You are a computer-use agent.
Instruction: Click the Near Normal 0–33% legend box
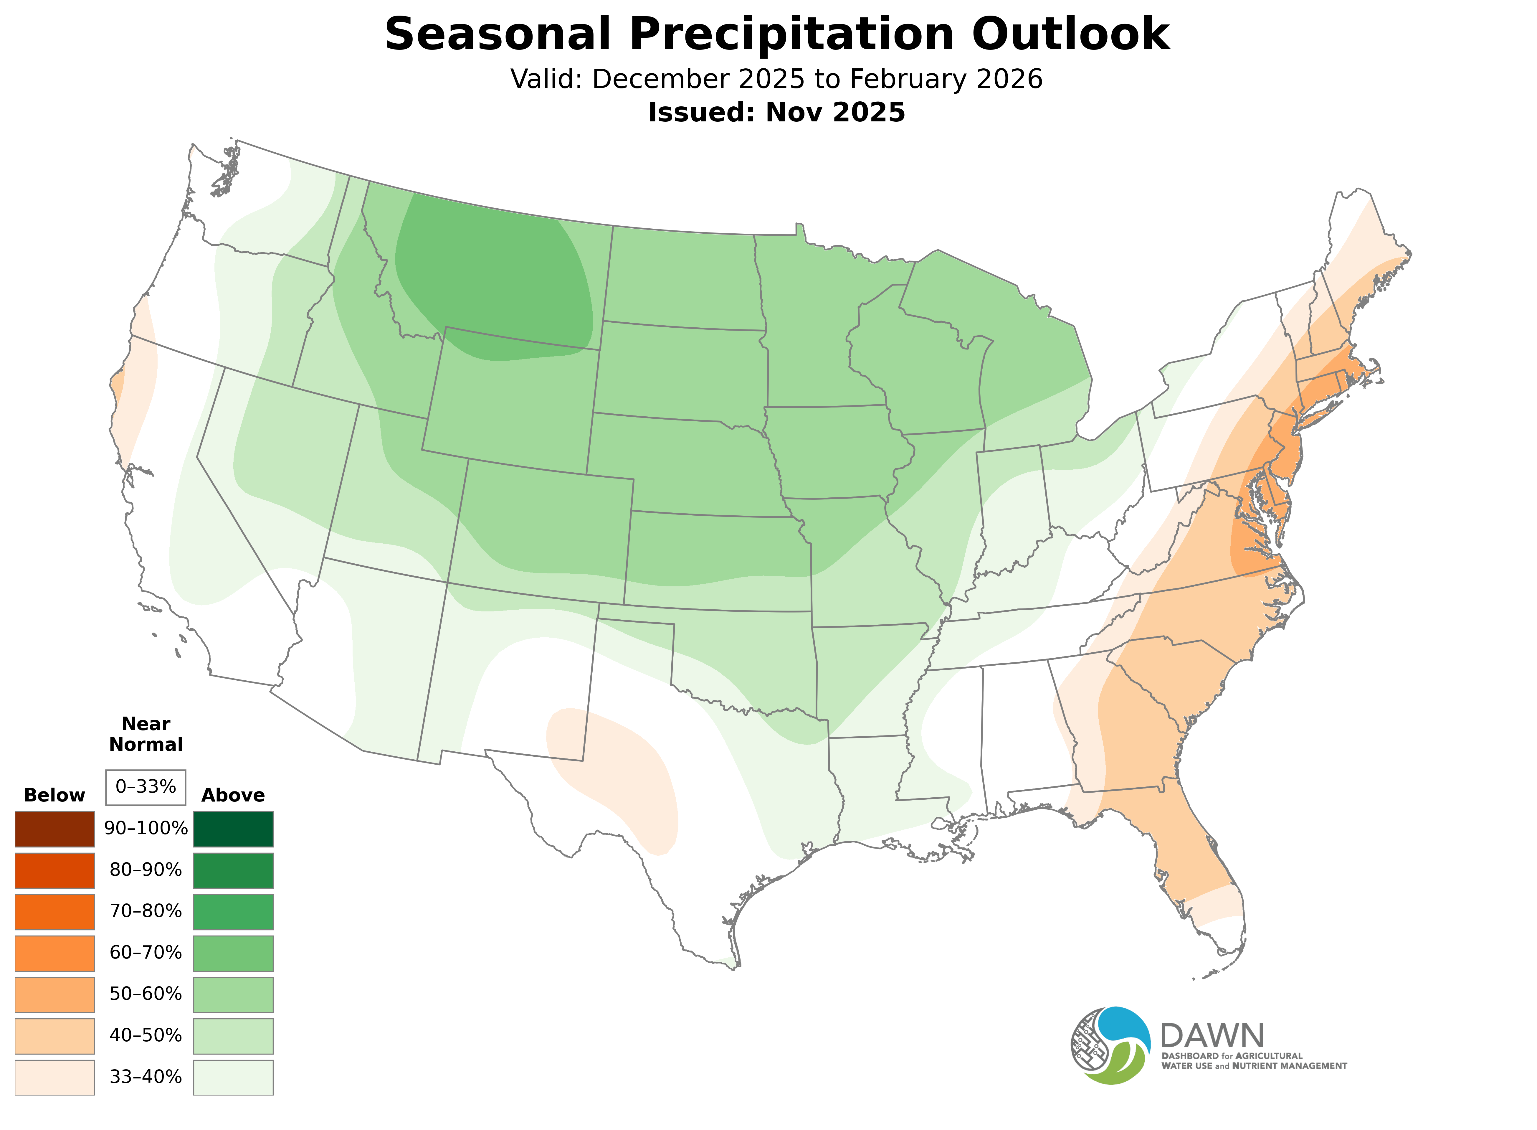click(x=146, y=787)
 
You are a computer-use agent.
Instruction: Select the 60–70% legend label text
click(x=146, y=953)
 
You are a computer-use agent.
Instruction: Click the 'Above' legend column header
click(x=233, y=796)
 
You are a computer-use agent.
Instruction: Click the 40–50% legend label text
click(x=146, y=1036)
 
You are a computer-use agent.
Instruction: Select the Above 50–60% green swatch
click(x=233, y=994)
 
